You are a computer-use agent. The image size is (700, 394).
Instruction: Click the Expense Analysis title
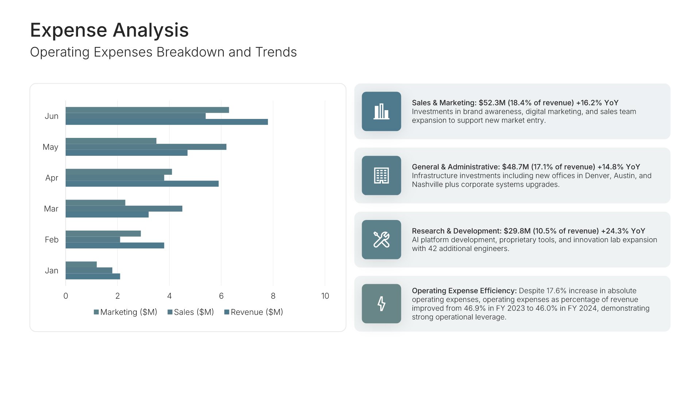pyautogui.click(x=109, y=30)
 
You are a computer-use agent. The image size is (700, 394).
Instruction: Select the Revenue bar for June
pyautogui.click(x=167, y=122)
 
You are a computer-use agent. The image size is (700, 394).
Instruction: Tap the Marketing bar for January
pyautogui.click(x=81, y=264)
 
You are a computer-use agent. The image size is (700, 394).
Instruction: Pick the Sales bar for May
pyautogui.click(x=146, y=147)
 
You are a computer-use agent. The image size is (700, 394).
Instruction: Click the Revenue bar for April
pyautogui.click(x=142, y=184)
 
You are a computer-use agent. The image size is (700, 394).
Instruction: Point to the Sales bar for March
pyautogui.click(x=124, y=209)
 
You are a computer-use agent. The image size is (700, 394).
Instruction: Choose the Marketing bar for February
pyautogui.click(x=103, y=233)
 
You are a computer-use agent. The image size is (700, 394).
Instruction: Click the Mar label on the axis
pyautogui.click(x=51, y=209)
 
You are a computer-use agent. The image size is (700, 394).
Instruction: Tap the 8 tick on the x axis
pyautogui.click(x=273, y=296)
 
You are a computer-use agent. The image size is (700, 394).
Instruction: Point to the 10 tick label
pyautogui.click(x=325, y=296)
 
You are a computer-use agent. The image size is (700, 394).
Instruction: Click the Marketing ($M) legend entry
pyautogui.click(x=125, y=312)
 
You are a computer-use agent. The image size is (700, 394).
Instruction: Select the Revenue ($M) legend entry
pyautogui.click(x=254, y=312)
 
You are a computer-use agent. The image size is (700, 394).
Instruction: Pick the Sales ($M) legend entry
pyautogui.click(x=191, y=312)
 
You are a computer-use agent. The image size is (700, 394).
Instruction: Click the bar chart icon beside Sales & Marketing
pyautogui.click(x=381, y=111)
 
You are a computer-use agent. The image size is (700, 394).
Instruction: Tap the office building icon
pyautogui.click(x=381, y=175)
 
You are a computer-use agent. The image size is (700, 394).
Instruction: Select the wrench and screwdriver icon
pyautogui.click(x=381, y=240)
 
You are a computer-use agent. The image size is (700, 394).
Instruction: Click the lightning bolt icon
pyautogui.click(x=381, y=304)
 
